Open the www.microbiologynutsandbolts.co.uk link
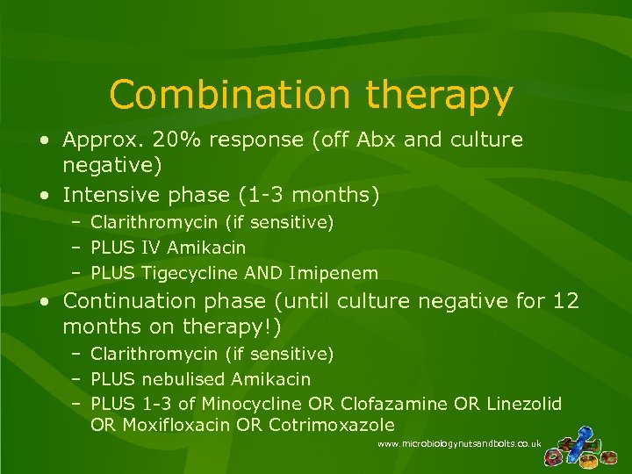tap(459, 445)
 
